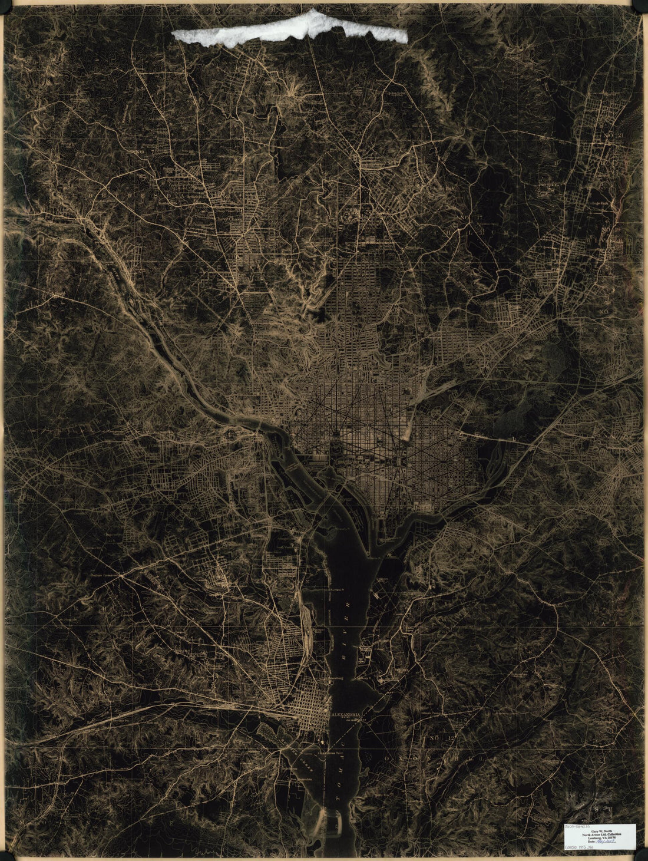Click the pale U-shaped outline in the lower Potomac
pos(322,819)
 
